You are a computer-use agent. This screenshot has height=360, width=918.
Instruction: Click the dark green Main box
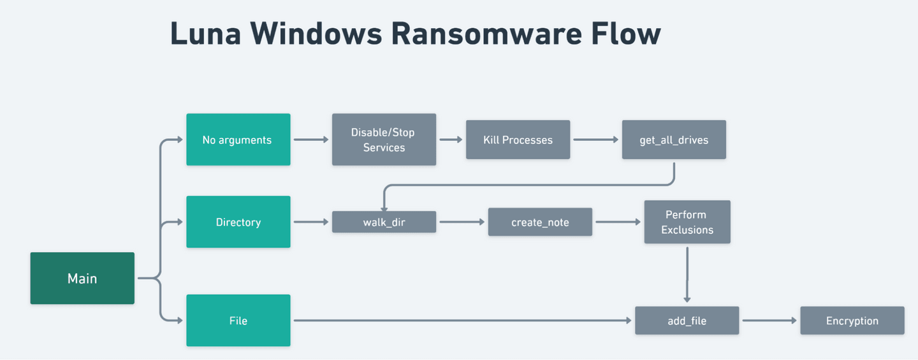[x=82, y=278]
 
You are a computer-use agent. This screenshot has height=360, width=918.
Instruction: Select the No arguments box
[x=238, y=140]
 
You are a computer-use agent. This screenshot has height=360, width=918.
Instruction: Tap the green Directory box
[x=238, y=222]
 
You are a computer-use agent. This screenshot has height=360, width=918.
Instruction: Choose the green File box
[x=238, y=320]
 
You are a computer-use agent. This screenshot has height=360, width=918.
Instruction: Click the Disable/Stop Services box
[x=384, y=140]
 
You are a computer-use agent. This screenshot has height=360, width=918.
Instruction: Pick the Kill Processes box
[x=518, y=140]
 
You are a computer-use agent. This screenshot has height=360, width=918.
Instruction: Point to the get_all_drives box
[x=674, y=140]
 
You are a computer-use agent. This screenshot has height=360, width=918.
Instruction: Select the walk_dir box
[x=384, y=222]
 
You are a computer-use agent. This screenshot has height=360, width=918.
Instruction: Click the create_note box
[x=540, y=222]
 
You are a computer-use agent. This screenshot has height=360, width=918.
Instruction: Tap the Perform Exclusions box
[x=687, y=222]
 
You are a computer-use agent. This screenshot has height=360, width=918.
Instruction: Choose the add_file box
[x=687, y=320]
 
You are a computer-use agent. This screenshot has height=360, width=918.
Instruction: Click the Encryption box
[x=852, y=320]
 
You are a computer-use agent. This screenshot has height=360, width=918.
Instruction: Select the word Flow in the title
[x=628, y=34]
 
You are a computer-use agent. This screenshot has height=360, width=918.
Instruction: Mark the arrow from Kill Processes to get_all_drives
[x=595, y=140]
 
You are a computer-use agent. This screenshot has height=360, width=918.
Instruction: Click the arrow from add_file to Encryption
[x=769, y=320]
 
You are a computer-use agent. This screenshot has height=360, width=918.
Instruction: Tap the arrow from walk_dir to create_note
[x=462, y=222]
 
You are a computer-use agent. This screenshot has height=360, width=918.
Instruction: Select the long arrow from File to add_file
[x=462, y=320]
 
